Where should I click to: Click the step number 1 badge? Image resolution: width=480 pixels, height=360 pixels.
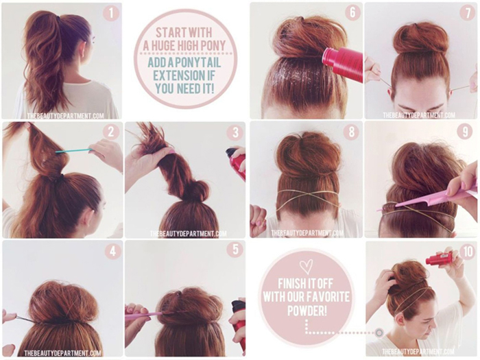pyautogui.click(x=110, y=14)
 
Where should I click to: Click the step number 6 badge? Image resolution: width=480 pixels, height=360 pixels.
pyautogui.click(x=353, y=13)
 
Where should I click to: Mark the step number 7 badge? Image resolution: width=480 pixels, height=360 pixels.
pyautogui.click(x=468, y=13)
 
